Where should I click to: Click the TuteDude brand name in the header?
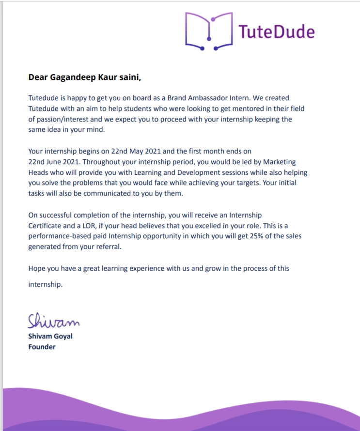pyautogui.click(x=277, y=32)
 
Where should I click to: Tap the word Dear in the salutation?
pyautogui.click(x=38, y=77)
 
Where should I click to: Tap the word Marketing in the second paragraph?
pyautogui.click(x=278, y=162)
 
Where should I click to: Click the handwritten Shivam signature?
pyautogui.click(x=53, y=321)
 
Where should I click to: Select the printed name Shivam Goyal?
pyautogui.click(x=50, y=336)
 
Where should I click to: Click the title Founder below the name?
pyautogui.click(x=42, y=347)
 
